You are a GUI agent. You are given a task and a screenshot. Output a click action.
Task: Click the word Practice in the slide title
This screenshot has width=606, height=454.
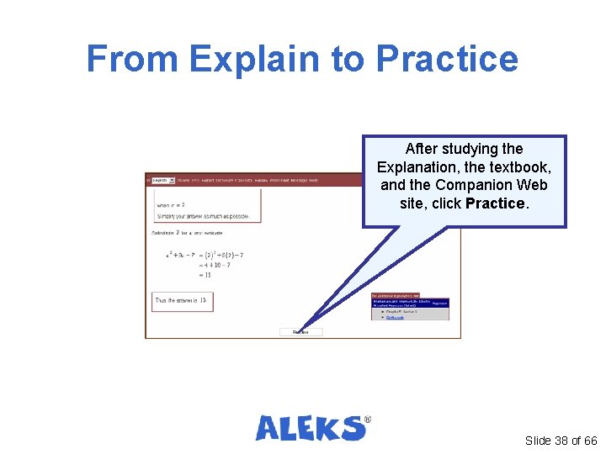click(x=447, y=60)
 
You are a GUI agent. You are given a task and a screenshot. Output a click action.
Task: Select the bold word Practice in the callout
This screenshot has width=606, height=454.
click(x=495, y=203)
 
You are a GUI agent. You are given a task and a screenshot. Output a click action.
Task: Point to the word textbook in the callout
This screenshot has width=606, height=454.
click(x=516, y=166)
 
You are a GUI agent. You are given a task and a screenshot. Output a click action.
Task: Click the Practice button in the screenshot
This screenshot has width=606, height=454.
click(x=300, y=332)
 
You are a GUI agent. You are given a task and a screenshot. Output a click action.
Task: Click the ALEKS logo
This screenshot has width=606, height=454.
click(x=311, y=428)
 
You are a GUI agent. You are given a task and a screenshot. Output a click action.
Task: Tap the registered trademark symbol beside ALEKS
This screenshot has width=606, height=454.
click(x=366, y=419)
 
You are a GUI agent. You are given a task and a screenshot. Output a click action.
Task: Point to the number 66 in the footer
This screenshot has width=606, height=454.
click(x=589, y=441)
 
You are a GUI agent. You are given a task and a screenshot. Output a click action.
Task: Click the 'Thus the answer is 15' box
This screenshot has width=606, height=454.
click(x=182, y=300)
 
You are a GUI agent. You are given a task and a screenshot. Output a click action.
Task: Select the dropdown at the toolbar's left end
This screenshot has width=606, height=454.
click(x=162, y=180)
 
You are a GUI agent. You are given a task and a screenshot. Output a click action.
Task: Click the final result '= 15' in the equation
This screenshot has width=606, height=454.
click(x=205, y=274)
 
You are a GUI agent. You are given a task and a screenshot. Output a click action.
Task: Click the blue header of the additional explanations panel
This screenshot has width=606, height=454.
click(x=410, y=303)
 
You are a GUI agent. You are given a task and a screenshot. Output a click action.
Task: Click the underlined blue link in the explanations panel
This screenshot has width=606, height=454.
click(x=395, y=318)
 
